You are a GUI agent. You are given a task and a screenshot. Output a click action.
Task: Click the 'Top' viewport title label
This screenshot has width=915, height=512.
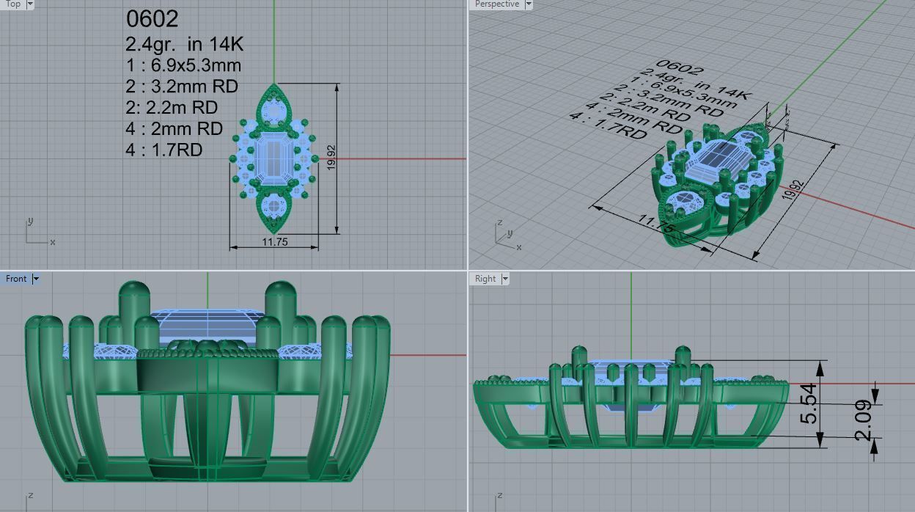click(12, 4)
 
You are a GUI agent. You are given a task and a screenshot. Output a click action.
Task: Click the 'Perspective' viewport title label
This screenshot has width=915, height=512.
click(496, 4)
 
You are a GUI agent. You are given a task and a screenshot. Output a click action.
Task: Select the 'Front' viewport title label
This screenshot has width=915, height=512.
click(15, 279)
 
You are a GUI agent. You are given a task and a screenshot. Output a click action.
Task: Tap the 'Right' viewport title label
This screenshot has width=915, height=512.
click(485, 279)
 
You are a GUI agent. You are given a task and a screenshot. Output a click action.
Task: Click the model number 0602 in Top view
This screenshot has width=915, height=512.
click(152, 18)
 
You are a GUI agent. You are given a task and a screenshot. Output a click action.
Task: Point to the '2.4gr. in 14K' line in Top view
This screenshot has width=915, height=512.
click(184, 44)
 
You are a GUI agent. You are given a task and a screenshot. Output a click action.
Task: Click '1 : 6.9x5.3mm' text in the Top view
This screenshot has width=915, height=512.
click(183, 65)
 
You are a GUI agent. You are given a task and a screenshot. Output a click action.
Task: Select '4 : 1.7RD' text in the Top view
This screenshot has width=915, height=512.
click(163, 150)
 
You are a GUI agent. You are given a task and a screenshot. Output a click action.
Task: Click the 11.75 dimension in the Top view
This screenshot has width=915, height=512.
click(274, 242)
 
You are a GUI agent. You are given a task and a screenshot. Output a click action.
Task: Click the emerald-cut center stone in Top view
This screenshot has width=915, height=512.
click(273, 158)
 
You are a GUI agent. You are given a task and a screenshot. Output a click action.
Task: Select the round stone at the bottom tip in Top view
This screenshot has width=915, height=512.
click(274, 206)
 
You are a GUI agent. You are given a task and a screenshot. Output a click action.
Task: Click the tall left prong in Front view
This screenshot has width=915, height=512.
click(133, 308)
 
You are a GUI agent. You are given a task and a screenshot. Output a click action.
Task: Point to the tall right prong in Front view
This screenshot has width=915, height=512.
click(280, 308)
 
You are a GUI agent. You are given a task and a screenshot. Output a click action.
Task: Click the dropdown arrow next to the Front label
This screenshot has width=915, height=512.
click(36, 279)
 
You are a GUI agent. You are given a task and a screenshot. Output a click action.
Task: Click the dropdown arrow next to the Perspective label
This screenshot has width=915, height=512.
click(529, 4)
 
